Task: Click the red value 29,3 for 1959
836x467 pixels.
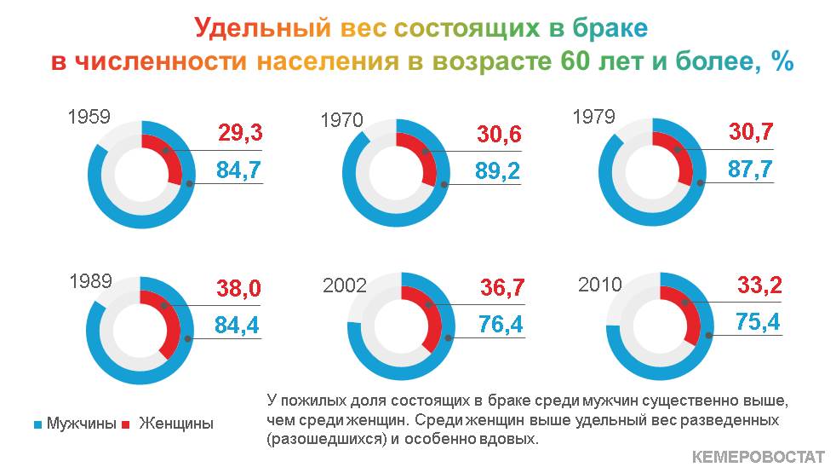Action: coord(240,132)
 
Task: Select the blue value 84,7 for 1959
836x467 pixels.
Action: coord(238,170)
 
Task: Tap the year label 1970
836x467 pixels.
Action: coord(341,120)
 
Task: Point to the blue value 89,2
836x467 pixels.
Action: coord(497,170)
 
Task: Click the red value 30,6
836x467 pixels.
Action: coord(499,134)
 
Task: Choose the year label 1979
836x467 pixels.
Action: coord(594,117)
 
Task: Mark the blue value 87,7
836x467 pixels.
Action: coord(750,170)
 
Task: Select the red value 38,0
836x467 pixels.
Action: coord(238,288)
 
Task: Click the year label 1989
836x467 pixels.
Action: coord(90,280)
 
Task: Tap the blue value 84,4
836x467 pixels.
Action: coord(237,325)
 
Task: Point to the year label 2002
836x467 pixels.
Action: coord(345,285)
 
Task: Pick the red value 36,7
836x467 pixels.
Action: coord(502,287)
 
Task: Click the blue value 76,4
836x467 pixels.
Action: coord(501,324)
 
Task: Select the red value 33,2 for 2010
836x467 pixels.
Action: coord(759,285)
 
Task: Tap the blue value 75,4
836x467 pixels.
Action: coord(758,321)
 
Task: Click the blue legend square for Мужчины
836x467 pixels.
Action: coord(37,425)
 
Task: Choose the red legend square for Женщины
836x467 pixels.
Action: coord(126,425)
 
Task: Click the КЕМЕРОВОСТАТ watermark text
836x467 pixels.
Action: coord(759,457)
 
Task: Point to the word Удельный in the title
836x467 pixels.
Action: coord(262,28)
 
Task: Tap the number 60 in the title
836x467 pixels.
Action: coord(575,61)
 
